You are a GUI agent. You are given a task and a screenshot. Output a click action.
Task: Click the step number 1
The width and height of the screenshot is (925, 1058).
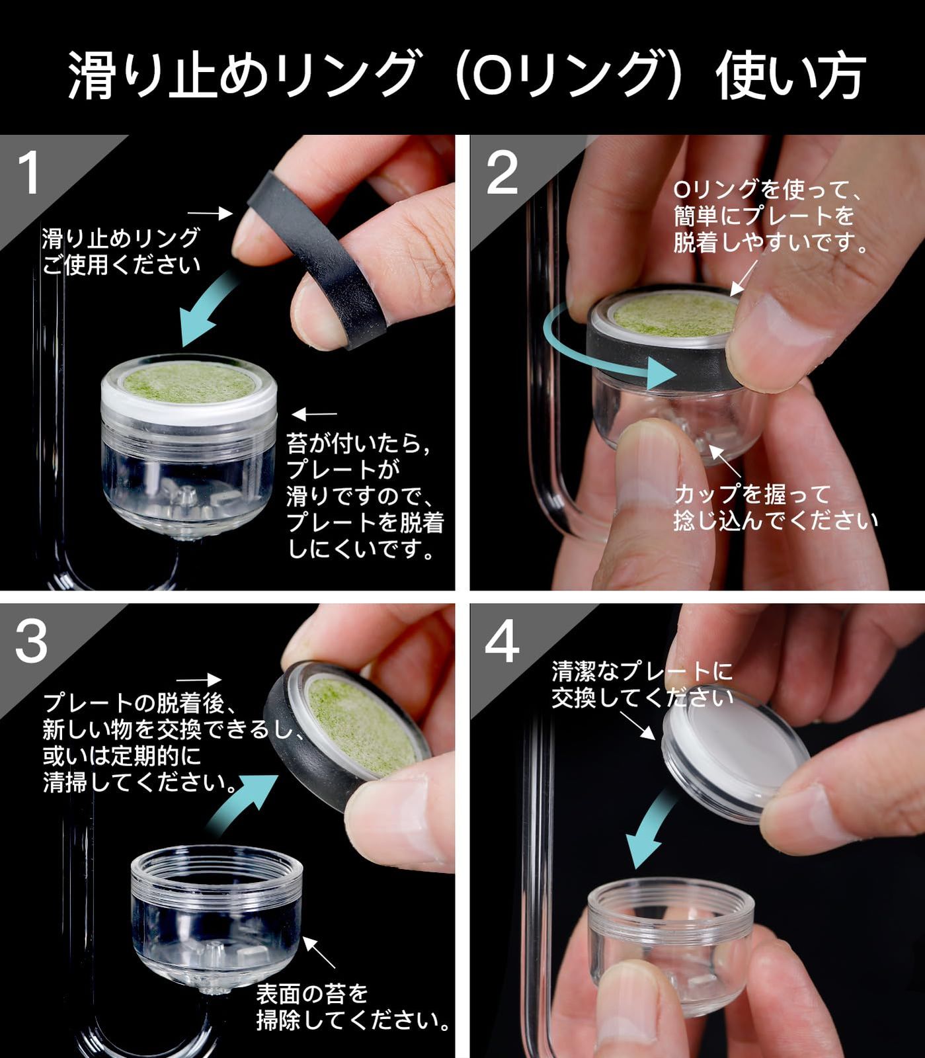click(29, 173)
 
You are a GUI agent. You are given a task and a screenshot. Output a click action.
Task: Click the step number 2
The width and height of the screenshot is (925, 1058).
click(502, 173)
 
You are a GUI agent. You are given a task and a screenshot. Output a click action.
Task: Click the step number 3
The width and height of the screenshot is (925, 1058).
click(31, 641)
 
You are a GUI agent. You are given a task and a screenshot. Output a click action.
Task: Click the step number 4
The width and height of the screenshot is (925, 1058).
click(502, 641)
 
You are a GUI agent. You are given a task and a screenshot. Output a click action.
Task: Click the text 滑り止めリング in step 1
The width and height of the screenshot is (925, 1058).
click(120, 238)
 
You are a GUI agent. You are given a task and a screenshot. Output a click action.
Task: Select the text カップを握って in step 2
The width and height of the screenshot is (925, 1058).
click(752, 494)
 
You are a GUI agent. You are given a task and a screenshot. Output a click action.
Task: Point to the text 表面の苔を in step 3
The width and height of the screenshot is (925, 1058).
click(312, 993)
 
